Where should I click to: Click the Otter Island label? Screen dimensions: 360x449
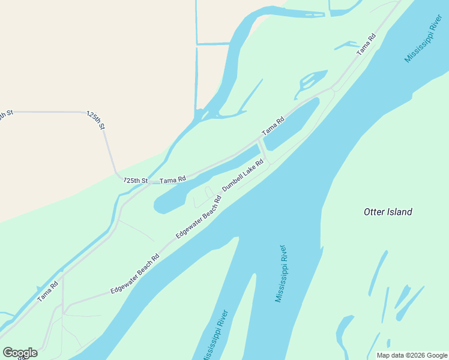point(388,212)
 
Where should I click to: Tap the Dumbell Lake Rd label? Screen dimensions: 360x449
point(243,175)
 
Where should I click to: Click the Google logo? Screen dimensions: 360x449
point(20,352)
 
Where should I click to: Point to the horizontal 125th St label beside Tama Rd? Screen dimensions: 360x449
point(136,180)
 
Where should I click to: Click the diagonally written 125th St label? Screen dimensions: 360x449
point(95,120)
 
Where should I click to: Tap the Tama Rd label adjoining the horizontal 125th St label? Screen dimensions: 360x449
point(173,179)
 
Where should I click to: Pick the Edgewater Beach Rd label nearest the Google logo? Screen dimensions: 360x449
point(135,274)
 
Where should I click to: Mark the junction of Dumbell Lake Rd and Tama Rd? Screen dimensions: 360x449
point(259,139)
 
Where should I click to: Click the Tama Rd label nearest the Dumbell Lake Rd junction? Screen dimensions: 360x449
point(273,125)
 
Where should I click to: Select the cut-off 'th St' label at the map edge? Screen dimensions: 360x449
point(6,115)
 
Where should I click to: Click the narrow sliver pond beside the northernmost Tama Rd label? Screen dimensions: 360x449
point(347,45)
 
